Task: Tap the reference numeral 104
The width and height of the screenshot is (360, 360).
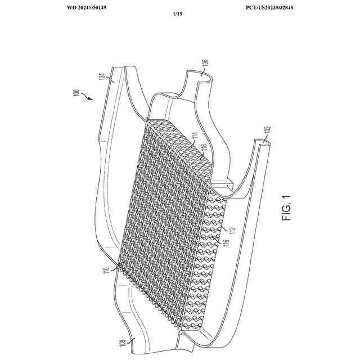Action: pyautogui.click(x=102, y=77)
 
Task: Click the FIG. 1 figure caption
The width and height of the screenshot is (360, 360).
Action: pyautogui.click(x=288, y=208)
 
